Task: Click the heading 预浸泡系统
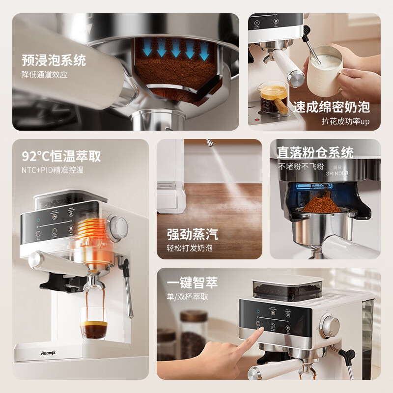[x=54, y=60]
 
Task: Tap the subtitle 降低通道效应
[x=44, y=75]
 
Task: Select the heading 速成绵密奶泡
[x=332, y=107]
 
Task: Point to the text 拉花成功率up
[x=346, y=121]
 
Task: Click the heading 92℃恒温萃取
[x=61, y=156]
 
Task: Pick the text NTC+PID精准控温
[x=53, y=170]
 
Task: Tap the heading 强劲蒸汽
[x=192, y=234]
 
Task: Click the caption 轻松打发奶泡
[x=190, y=248]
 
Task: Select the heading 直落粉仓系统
[x=315, y=152]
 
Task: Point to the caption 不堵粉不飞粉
[x=301, y=166]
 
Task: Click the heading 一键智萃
[x=192, y=282]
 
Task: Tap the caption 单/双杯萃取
[x=188, y=296]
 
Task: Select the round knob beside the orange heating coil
[x=118, y=225]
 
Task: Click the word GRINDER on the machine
[x=337, y=173]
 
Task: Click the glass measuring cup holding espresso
[x=273, y=97]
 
